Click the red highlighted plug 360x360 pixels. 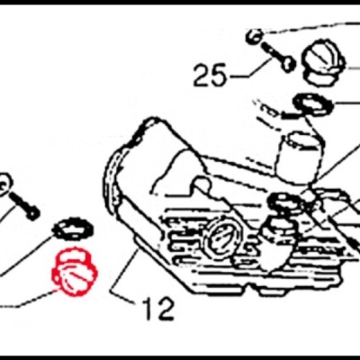tap(75, 270)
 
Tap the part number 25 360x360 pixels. tap(210, 75)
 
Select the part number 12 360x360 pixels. tap(158, 309)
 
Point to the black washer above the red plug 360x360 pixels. tap(73, 229)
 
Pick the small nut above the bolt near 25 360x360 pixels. tap(253, 36)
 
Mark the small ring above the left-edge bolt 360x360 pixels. tap(5, 184)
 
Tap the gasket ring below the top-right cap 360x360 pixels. tap(313, 104)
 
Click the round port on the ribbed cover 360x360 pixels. tap(221, 236)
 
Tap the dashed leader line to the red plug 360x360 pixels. tap(29, 299)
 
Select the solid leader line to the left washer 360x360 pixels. tap(25, 255)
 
